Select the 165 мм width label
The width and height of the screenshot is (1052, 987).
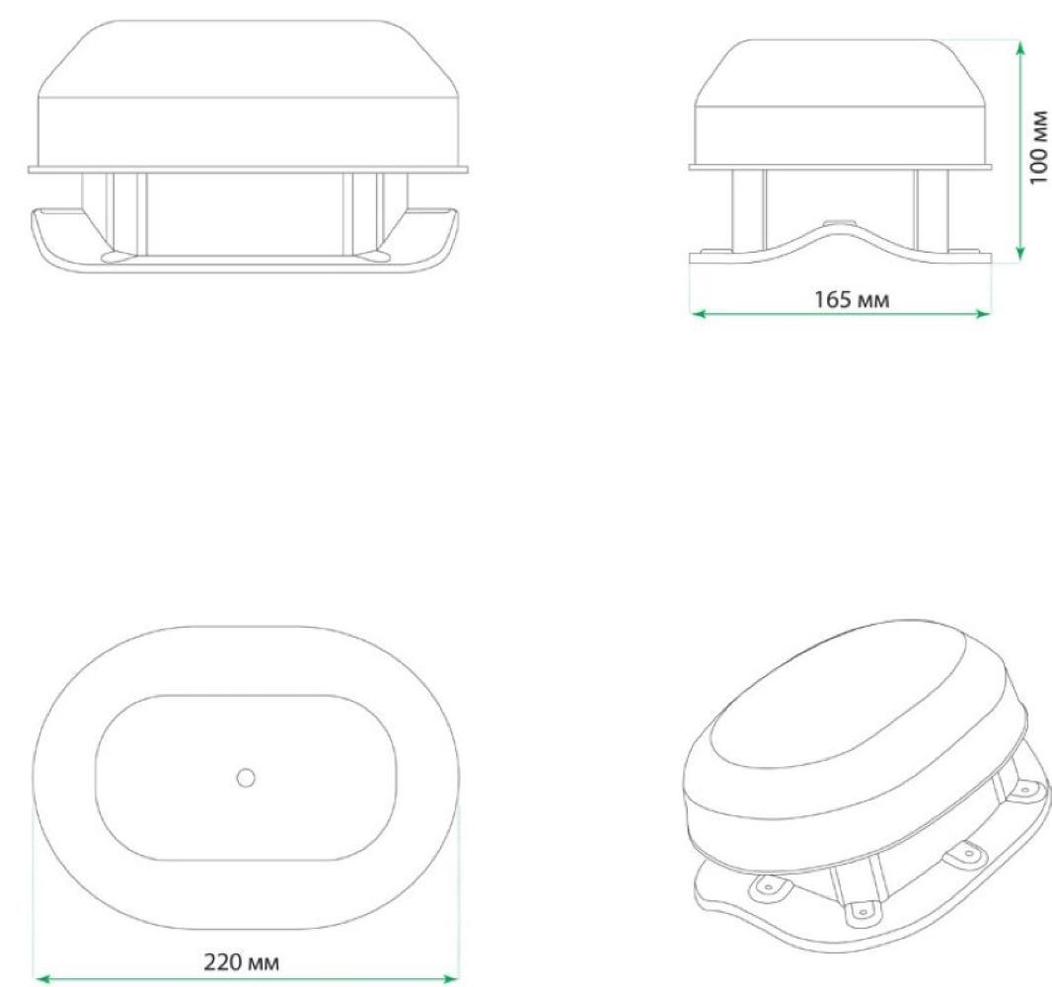[x=852, y=299]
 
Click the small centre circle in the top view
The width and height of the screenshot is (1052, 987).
[x=247, y=778]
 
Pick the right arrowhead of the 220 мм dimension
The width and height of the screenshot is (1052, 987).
[x=452, y=979]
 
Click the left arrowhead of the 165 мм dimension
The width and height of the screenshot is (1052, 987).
[x=699, y=313]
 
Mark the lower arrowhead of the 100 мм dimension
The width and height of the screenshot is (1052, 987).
[x=1020, y=253]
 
